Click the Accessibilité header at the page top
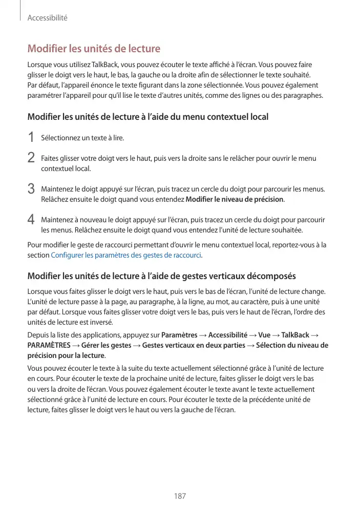coord(48,18)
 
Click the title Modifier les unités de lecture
coord(94,49)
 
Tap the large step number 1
coord(31,137)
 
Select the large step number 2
coord(31,158)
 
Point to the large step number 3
coord(31,188)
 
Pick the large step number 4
coord(31,219)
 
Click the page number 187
coord(180,496)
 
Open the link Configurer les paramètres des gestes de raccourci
coord(126,254)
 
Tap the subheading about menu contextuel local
coord(147,117)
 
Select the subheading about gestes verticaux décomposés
coord(161,277)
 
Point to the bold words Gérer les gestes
coord(105,345)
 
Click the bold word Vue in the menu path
coord(264,335)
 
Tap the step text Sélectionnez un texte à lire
coord(82,138)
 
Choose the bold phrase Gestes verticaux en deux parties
coord(194,345)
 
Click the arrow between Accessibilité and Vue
coord(253,335)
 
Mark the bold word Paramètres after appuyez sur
coord(179,335)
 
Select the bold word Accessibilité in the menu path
coord(227,335)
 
